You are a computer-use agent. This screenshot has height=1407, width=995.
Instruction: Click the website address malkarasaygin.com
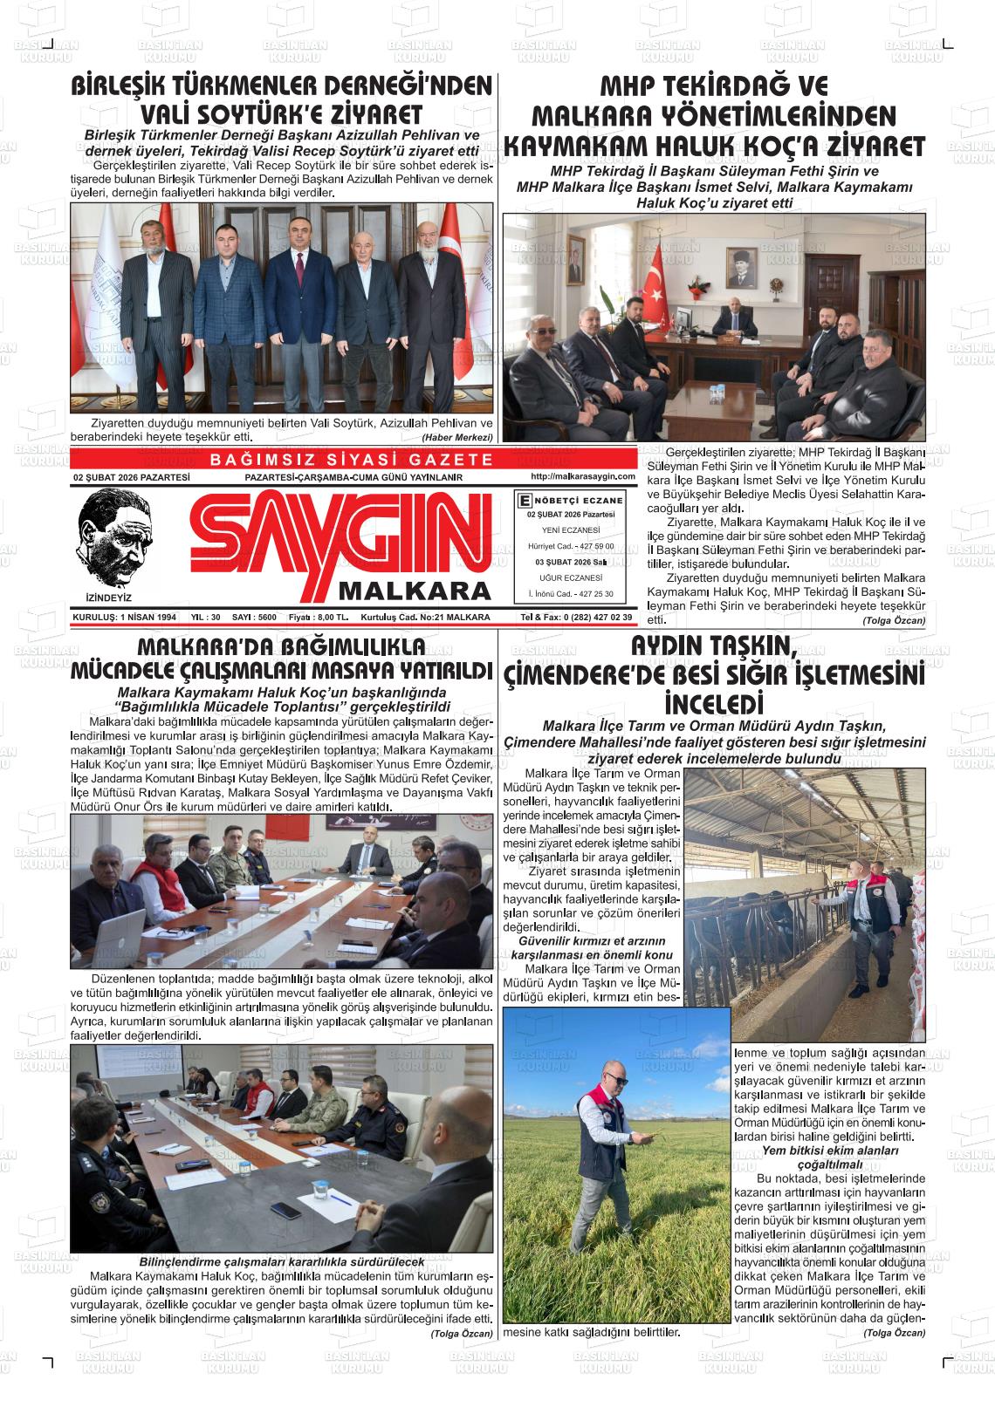click(x=582, y=476)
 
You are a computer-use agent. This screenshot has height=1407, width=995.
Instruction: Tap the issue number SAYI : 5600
click(x=254, y=618)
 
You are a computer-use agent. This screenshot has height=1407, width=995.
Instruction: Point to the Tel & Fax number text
click(x=576, y=618)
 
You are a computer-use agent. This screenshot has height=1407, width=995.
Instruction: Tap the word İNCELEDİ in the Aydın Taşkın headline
click(x=713, y=703)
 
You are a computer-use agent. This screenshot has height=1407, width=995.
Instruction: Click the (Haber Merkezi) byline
click(x=457, y=437)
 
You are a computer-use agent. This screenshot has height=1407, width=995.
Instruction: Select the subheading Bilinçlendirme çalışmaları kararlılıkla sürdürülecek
click(x=281, y=1262)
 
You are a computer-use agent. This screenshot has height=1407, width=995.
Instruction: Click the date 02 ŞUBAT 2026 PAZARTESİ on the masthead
click(x=132, y=477)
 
